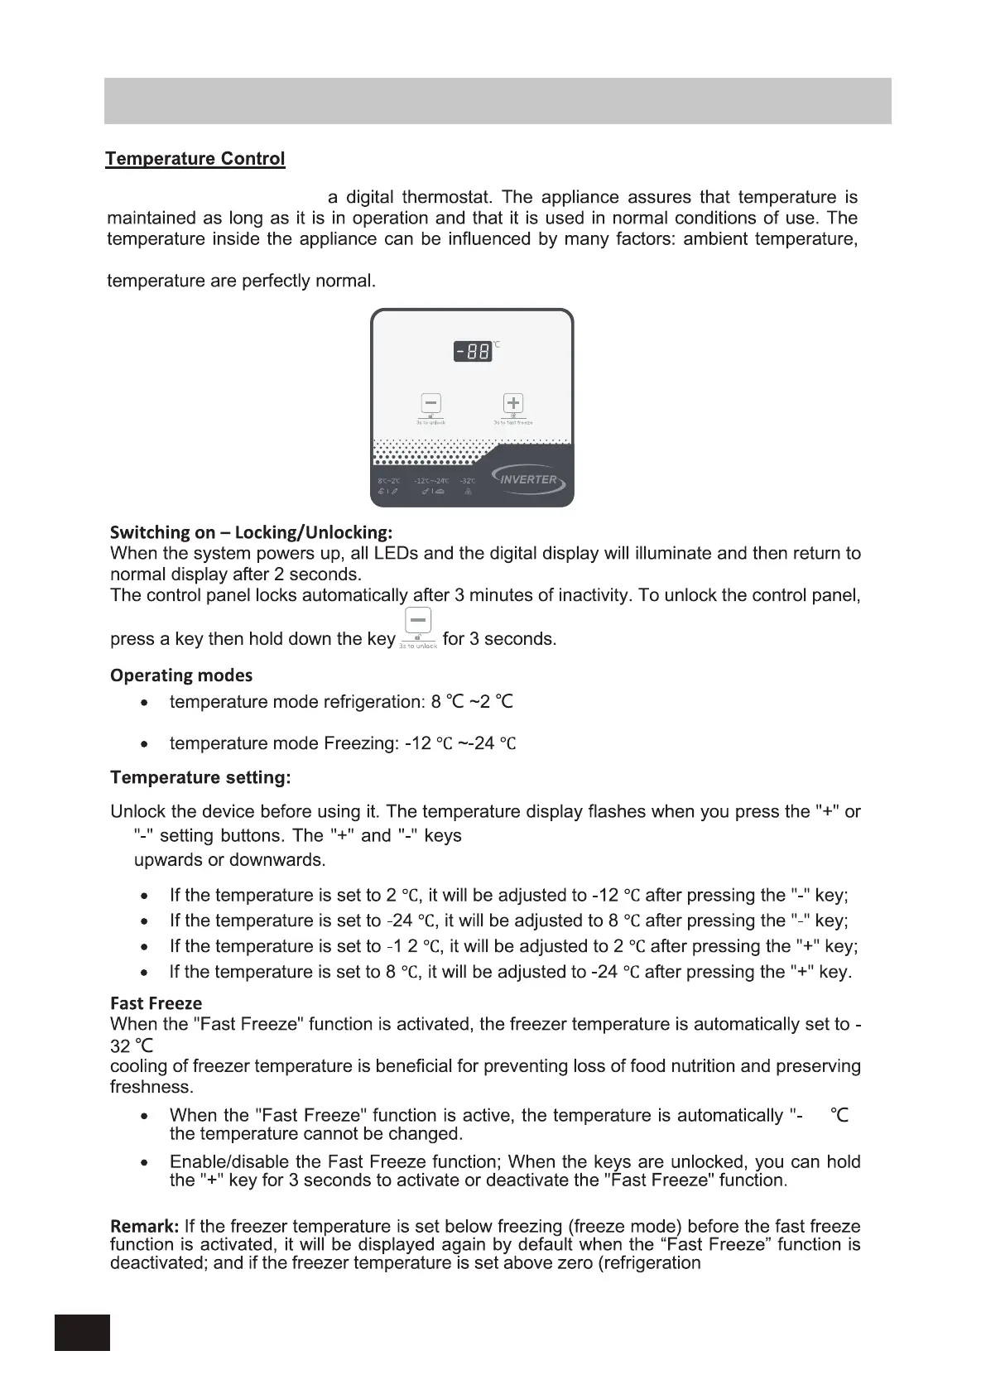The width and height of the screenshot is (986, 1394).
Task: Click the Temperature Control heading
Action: (x=195, y=159)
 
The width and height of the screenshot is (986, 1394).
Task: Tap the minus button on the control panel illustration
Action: (x=430, y=403)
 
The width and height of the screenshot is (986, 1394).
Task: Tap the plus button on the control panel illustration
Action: (x=513, y=403)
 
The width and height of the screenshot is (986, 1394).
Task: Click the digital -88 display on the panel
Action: (x=473, y=352)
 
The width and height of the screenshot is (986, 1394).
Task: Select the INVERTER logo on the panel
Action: (x=527, y=479)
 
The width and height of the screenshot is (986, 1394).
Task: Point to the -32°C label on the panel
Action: (x=468, y=481)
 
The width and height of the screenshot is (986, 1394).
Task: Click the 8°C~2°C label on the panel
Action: (x=388, y=481)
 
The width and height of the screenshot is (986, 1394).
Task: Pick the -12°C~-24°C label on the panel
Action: (x=431, y=481)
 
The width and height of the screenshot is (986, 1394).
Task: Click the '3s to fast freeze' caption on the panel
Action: (x=513, y=423)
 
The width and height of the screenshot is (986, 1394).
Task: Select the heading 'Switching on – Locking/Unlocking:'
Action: (x=251, y=532)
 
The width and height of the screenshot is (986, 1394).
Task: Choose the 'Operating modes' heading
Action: (x=181, y=675)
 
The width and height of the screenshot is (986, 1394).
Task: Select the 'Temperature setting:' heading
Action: (x=200, y=778)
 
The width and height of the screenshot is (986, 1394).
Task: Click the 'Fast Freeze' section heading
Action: (x=156, y=1004)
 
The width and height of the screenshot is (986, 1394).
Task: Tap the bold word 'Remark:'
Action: (x=145, y=1226)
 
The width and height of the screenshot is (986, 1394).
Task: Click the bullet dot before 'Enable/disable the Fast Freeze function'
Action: (x=146, y=1163)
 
